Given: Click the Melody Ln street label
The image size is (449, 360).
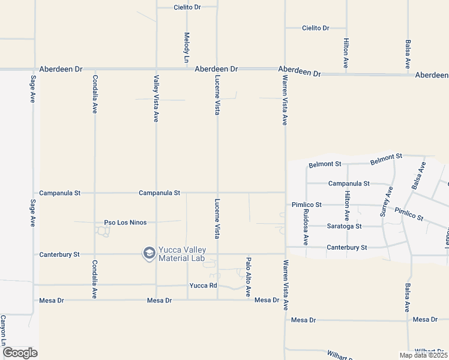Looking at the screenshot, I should [x=187, y=48].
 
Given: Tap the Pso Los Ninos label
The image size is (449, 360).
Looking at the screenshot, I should [x=125, y=223].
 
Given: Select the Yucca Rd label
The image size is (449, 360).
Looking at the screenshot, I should [x=203, y=286].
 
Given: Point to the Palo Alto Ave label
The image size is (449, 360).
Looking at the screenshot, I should [x=247, y=277].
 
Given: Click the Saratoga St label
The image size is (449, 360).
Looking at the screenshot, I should [x=344, y=226].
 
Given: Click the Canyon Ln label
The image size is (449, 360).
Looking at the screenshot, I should [x=4, y=330].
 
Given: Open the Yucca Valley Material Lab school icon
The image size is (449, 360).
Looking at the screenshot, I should [x=148, y=254].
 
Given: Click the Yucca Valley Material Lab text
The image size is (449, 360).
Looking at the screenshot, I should [x=181, y=254].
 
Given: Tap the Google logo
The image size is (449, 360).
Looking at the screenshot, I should [x=20, y=353].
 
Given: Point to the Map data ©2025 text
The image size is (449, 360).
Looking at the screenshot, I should [x=424, y=355].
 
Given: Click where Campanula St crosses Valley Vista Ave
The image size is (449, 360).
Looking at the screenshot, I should [x=156, y=193].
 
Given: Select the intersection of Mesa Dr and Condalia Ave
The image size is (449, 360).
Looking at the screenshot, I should [x=95, y=299].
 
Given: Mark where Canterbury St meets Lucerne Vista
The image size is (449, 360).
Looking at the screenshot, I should [x=217, y=254].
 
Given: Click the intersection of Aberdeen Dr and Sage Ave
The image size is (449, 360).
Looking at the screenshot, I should [x=33, y=69].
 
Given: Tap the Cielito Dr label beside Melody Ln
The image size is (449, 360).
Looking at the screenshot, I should [x=187, y=7].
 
